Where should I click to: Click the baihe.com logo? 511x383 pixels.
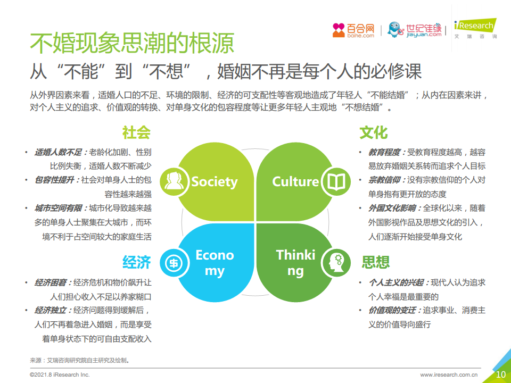pos(353,30)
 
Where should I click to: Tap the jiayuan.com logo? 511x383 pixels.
pos(414,30)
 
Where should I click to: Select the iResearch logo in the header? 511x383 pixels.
pos(475,29)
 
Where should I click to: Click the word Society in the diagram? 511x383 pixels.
pos(215,182)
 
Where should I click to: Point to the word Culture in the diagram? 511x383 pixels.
pos(295,181)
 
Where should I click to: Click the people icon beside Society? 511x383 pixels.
pos(175,181)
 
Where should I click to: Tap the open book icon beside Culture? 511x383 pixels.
pos(336,181)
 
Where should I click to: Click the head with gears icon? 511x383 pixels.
pos(336,263)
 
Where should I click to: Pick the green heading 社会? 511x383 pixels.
pos(137,132)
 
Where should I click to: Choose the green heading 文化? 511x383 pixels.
pos(374,132)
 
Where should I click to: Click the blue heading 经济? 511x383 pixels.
pos(137,262)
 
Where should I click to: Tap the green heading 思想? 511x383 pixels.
pos(376,262)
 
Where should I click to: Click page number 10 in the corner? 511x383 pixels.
pos(500,374)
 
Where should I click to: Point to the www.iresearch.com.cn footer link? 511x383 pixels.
pos(449,375)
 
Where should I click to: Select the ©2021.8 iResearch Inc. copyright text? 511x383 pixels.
pos(60,375)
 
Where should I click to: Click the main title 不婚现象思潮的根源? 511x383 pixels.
pos(132,43)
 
